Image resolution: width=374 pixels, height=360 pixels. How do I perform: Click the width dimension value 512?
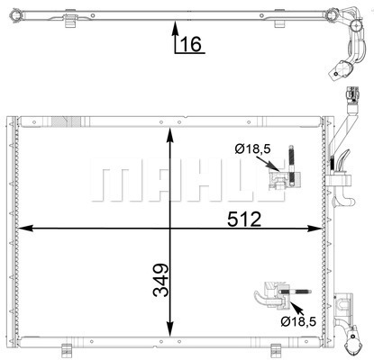click(244, 219)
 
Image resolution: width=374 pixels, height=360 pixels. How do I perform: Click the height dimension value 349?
click(160, 280)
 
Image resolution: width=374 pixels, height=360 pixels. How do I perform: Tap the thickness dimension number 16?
click(191, 44)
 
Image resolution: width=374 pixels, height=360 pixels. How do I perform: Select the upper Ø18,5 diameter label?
click(253, 148)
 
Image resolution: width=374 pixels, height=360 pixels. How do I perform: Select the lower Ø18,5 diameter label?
click(298, 322)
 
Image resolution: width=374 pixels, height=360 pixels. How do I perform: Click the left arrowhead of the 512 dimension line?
click(25, 229)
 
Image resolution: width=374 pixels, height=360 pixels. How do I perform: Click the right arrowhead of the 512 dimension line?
click(315, 229)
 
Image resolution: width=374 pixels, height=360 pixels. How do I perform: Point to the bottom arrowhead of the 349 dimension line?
click(170, 329)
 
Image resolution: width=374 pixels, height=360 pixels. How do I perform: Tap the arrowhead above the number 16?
click(175, 28)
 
